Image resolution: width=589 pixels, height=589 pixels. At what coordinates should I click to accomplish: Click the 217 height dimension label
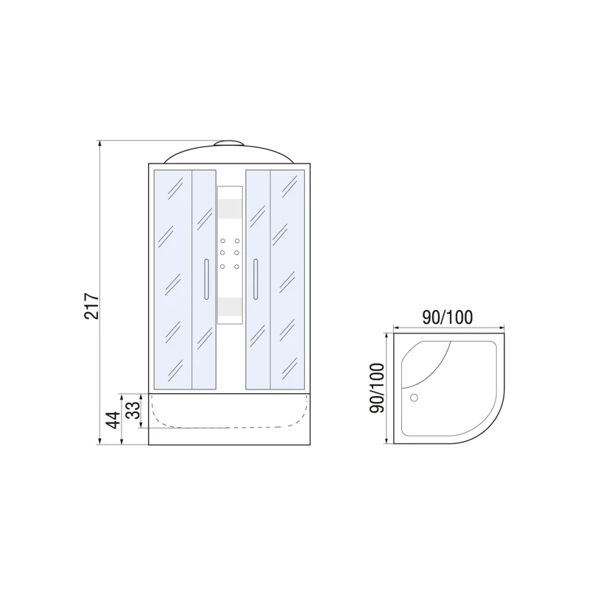[x=91, y=302]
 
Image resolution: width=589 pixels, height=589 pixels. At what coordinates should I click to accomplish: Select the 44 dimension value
[x=113, y=420]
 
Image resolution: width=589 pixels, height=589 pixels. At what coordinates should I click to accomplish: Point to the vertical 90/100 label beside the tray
[x=376, y=388]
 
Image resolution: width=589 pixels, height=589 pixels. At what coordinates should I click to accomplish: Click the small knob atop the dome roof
[x=230, y=141]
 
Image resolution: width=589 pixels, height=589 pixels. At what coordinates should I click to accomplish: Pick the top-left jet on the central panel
[x=222, y=241]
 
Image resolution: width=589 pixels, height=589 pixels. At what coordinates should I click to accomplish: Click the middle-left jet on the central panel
[x=222, y=253]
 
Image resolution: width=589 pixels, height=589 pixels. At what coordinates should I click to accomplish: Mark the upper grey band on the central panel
[x=230, y=209]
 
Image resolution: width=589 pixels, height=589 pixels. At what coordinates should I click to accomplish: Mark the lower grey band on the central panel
[x=230, y=308]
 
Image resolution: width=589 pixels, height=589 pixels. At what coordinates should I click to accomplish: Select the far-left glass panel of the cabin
[x=172, y=280]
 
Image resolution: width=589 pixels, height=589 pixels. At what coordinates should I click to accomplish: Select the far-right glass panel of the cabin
[x=288, y=280]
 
